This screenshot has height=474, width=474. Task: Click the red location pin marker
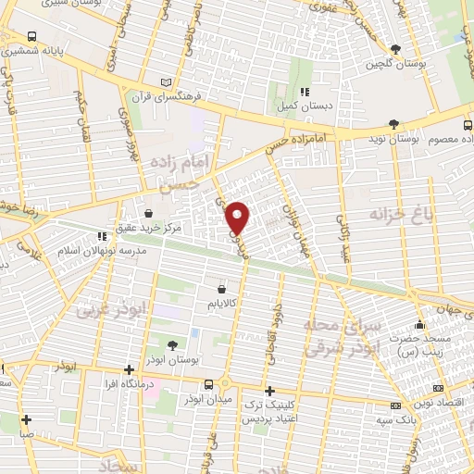239,218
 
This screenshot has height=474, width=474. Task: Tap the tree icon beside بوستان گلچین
397,49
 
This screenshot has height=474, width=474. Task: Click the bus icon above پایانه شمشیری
32,37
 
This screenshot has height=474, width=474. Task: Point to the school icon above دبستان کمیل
305,91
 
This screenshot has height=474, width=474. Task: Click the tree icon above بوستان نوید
393,123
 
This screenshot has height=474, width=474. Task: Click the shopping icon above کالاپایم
220,290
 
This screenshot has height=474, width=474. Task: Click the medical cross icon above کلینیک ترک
269,391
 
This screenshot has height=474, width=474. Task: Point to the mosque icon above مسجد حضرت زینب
420,325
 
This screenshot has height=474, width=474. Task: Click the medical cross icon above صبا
27,418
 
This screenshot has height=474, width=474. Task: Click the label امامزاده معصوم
443,139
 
